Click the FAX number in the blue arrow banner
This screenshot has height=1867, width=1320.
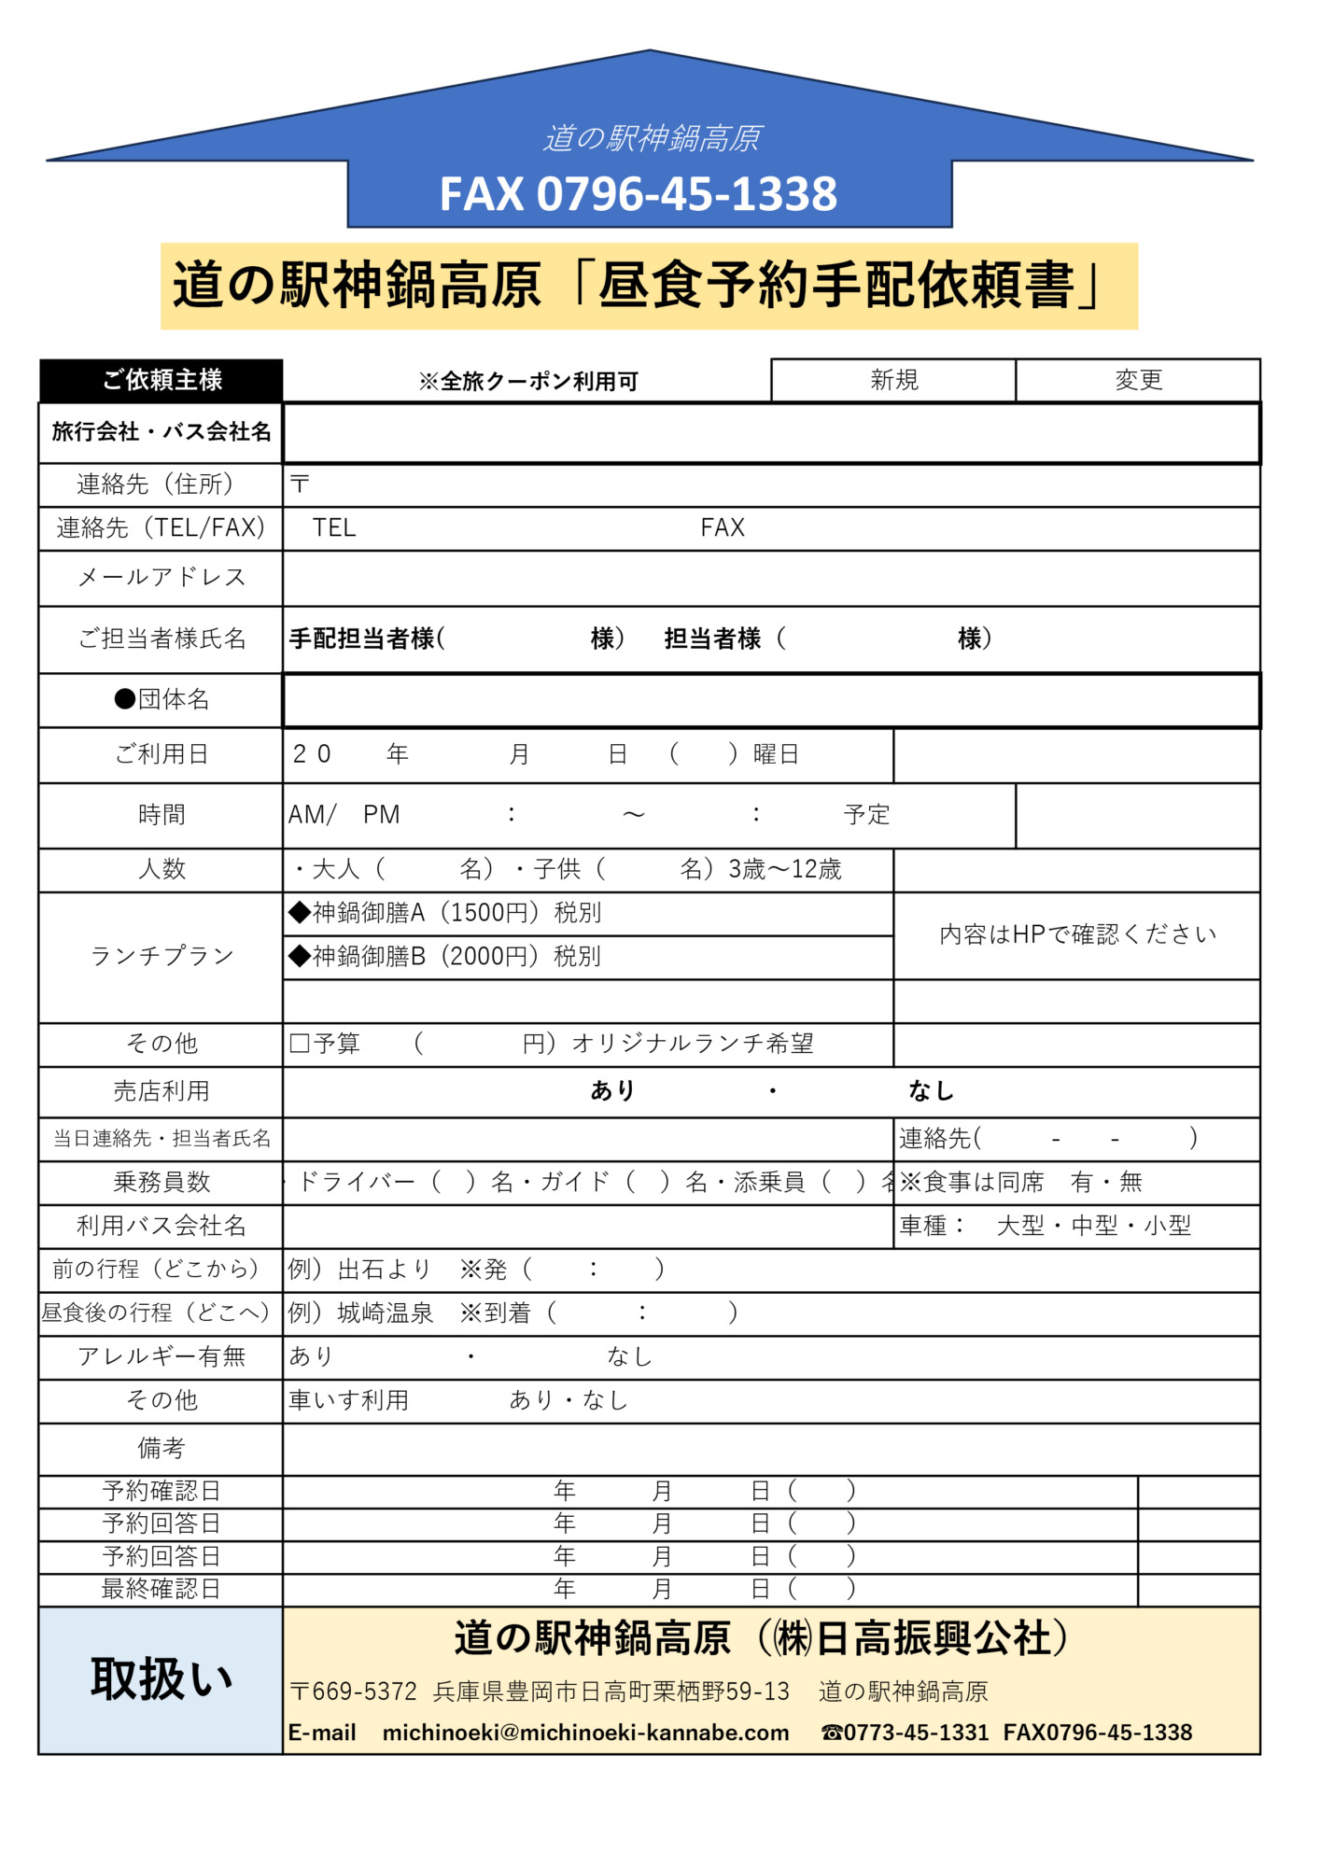pyautogui.click(x=639, y=194)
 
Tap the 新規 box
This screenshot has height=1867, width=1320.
pyautogui.click(x=893, y=380)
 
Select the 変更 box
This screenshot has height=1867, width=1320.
pyautogui.click(x=1138, y=380)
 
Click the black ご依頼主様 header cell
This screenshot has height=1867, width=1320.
pyautogui.click(x=161, y=380)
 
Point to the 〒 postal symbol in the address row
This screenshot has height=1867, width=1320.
pyautogui.click(x=300, y=484)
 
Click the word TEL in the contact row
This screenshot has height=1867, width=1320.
pyautogui.click(x=334, y=528)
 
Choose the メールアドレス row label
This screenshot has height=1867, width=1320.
pyautogui.click(x=161, y=578)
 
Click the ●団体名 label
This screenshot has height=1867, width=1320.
pyautogui.click(x=161, y=699)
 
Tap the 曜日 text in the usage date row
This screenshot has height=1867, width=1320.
pyautogui.click(x=776, y=754)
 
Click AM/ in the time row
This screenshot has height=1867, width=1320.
pyautogui.click(x=312, y=815)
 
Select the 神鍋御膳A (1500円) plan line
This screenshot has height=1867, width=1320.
pyautogui.click(x=445, y=913)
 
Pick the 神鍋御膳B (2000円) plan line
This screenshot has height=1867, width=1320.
pyautogui.click(x=445, y=957)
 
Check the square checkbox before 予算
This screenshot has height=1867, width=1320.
pyautogui.click(x=300, y=1043)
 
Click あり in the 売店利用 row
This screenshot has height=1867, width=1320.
pyautogui.click(x=612, y=1090)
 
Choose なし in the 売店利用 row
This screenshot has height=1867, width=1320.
pyautogui.click(x=931, y=1090)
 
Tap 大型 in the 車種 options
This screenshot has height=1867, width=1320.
pyautogui.click(x=1019, y=1226)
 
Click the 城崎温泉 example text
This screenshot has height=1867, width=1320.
pyautogui.click(x=386, y=1313)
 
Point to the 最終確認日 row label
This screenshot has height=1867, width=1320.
pyautogui.click(x=161, y=1589)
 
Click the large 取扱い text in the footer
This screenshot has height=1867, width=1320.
pyautogui.click(x=161, y=1679)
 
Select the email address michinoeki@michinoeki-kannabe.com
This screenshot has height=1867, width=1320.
pyautogui.click(x=585, y=1733)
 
